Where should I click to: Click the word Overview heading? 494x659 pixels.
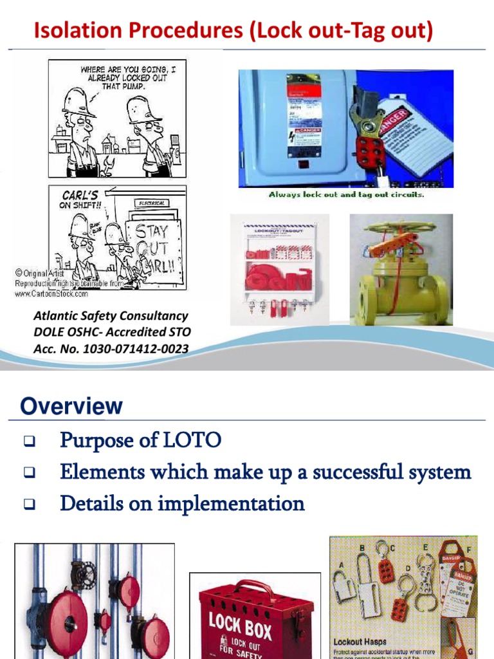(x=71, y=406)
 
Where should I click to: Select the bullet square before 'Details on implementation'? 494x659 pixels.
(x=29, y=504)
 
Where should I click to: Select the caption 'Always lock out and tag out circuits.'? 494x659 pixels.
(x=346, y=194)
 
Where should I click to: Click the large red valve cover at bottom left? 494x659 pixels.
(x=53, y=618)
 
